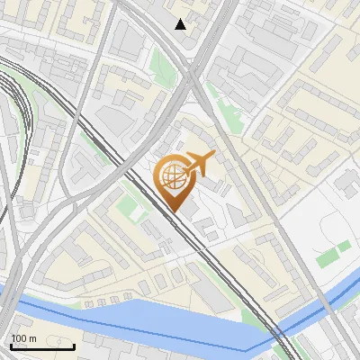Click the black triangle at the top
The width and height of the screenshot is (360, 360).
(x=181, y=24)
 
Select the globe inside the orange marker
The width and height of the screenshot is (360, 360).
(x=172, y=176)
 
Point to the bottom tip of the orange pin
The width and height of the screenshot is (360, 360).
(x=172, y=211)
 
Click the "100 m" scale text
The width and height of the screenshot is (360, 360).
(x=24, y=338)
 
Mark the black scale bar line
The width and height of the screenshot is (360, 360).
(x=42, y=346)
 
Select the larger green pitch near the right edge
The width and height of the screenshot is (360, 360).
(x=328, y=256)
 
